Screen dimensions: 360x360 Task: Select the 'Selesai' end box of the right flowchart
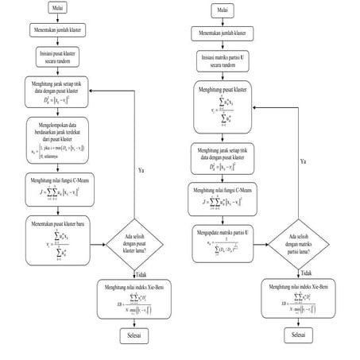[x=297, y=336]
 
